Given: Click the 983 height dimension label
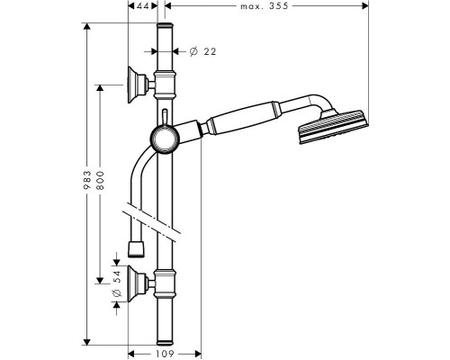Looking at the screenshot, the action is (x=87, y=179).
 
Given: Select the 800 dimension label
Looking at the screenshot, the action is (x=100, y=180).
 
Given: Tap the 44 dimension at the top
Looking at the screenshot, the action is (x=143, y=6).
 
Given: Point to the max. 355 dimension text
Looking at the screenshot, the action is (x=264, y=6).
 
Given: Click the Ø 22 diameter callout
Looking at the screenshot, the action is (x=202, y=51).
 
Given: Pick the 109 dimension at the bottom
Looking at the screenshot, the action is (x=165, y=354).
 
